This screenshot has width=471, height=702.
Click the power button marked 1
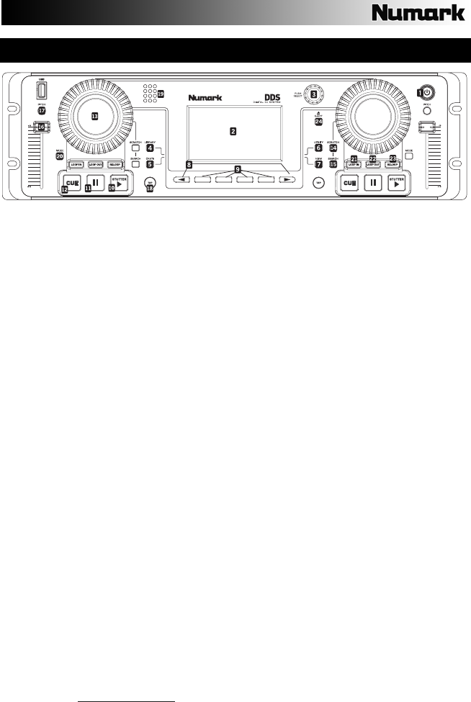point(428,92)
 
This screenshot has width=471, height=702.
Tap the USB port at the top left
point(41,92)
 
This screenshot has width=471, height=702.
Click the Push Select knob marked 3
point(314,94)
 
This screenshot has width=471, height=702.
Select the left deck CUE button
point(71,183)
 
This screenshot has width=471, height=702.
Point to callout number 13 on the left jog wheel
point(94,115)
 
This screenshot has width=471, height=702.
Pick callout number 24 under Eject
point(318,122)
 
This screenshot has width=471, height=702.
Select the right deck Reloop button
point(391,165)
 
